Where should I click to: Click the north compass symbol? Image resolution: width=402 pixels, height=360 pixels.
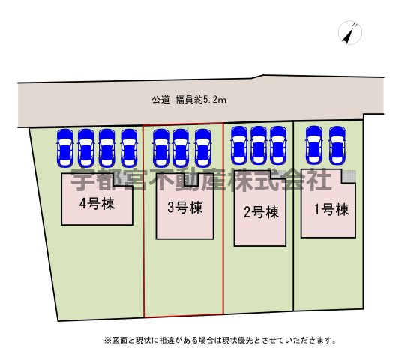(350, 32)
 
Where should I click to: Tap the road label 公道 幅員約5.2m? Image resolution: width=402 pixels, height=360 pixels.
(189, 100)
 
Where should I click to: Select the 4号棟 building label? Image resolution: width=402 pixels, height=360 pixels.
(97, 204)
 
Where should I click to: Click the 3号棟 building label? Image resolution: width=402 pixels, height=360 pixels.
(184, 208)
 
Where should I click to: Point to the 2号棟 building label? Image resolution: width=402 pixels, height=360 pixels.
(261, 212)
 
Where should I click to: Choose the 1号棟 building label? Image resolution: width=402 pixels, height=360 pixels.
(331, 209)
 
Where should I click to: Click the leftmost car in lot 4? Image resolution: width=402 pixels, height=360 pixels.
(65, 148)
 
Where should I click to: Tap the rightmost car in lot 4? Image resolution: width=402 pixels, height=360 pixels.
(129, 148)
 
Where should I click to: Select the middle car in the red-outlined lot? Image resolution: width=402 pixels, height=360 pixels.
(181, 148)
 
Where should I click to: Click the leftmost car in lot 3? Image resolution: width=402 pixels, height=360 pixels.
(161, 148)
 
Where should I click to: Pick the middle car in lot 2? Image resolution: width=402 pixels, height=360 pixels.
(259, 145)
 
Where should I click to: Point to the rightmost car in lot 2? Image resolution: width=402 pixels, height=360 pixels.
(278, 145)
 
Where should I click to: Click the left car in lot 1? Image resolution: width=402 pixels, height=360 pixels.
(314, 145)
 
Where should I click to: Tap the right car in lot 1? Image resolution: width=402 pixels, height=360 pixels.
(337, 145)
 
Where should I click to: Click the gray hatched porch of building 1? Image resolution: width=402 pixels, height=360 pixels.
(349, 176)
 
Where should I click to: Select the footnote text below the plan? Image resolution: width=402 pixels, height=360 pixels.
(220, 340)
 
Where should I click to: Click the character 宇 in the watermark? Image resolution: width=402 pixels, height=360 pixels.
(82, 181)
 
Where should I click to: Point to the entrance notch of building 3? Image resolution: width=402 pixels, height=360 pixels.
(191, 179)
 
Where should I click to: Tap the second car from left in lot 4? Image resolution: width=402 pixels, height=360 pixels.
(86, 148)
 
